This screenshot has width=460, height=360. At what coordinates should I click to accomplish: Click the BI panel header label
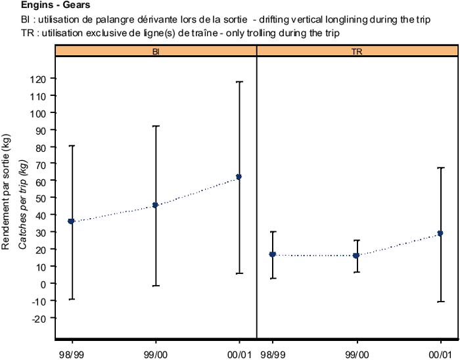[156, 51]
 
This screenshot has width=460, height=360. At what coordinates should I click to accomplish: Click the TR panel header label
[356, 51]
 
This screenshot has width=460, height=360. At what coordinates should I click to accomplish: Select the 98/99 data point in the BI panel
[71, 221]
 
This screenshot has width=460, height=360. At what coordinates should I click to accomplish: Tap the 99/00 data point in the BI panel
[155, 205]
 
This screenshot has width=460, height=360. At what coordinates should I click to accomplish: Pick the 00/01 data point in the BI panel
[239, 177]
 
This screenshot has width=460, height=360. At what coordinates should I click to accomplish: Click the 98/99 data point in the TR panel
[273, 254]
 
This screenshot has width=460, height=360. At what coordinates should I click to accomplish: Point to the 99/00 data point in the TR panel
[356, 256]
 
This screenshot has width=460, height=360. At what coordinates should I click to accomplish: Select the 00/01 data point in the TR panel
[440, 233]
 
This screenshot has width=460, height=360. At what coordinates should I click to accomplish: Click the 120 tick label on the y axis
[39, 79]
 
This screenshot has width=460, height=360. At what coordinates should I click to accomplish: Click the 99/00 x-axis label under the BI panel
[155, 344]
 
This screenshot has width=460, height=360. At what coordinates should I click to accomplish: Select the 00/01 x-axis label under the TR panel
[440, 344]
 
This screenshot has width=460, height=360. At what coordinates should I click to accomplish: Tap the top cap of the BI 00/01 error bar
[239, 82]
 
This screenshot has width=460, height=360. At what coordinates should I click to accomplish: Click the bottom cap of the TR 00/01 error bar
[440, 302]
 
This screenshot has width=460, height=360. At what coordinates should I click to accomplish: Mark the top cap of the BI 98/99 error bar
[71, 145]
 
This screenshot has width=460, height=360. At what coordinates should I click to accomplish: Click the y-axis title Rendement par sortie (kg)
[7, 197]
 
